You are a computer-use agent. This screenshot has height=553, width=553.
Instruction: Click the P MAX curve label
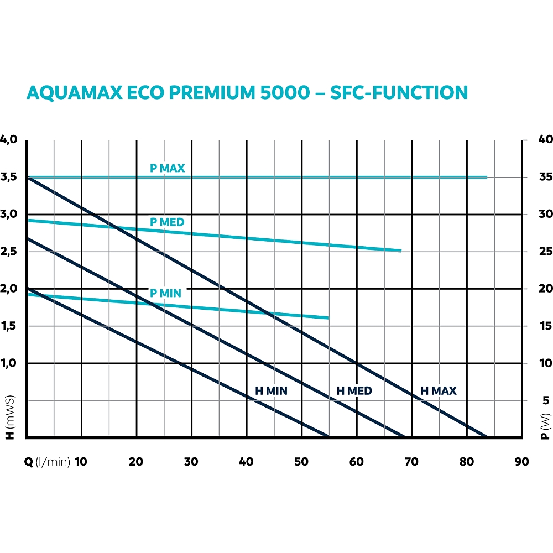(x=167, y=168)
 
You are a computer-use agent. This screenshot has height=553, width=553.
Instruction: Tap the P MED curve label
(x=167, y=222)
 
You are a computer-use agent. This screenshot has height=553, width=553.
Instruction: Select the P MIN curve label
(x=165, y=293)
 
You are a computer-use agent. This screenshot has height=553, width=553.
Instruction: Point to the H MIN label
(x=271, y=391)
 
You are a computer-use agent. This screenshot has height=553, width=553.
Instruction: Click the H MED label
(x=354, y=391)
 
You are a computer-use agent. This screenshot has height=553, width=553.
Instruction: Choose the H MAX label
(x=439, y=391)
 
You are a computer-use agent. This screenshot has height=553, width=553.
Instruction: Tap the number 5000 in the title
(x=281, y=92)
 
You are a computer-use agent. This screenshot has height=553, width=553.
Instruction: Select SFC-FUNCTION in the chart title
(x=399, y=92)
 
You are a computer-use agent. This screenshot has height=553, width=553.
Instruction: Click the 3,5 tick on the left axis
(x=9, y=178)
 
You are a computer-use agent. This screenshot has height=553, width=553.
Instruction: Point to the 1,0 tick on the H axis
(x=9, y=363)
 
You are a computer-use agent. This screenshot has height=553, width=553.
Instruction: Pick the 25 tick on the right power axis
(x=545, y=252)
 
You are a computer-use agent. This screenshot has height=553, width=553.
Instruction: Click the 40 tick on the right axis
(x=545, y=139)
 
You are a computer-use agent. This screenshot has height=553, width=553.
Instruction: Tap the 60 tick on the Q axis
(x=357, y=462)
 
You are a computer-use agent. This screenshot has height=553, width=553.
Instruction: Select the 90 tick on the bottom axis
(x=521, y=462)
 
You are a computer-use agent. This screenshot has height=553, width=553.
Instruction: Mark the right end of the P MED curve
(x=400, y=251)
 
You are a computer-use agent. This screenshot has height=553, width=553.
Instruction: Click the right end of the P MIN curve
(x=329, y=318)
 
